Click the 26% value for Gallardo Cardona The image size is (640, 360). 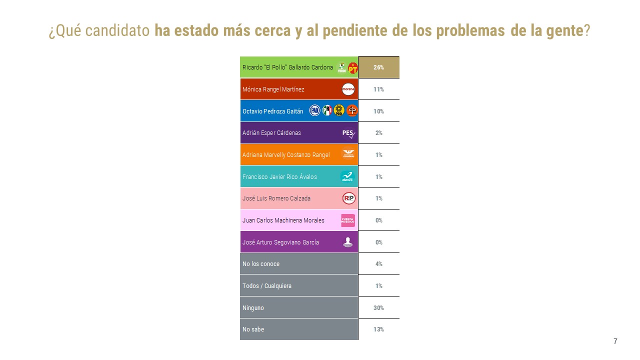click(x=378, y=67)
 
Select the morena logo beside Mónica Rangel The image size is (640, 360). click(x=348, y=89)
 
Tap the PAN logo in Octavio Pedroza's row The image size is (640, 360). click(x=315, y=110)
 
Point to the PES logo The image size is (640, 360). click(x=348, y=133)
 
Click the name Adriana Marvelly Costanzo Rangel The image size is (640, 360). click(x=286, y=155)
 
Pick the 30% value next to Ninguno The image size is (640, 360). click(x=378, y=308)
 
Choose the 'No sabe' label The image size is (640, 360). click(x=253, y=329)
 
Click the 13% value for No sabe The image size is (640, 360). click(x=378, y=329)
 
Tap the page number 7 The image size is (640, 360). click(x=615, y=341)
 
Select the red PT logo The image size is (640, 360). click(x=353, y=68)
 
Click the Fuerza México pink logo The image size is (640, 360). click(x=348, y=220)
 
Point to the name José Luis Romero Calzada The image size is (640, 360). click(x=276, y=198)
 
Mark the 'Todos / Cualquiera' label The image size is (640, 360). click(x=267, y=286)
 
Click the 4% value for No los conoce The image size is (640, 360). click(x=378, y=264)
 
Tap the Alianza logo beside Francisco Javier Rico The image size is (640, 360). click(x=347, y=176)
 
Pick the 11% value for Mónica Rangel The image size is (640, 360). click(x=378, y=89)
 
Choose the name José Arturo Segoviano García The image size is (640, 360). click(x=280, y=242)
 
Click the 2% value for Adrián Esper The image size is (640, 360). click(x=378, y=133)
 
